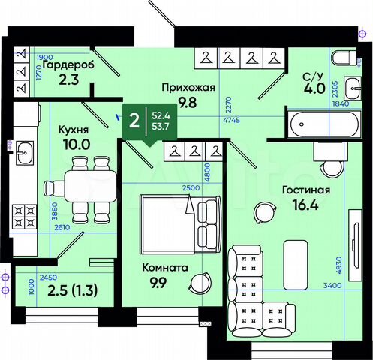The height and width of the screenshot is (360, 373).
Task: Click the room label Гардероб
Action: [68, 65]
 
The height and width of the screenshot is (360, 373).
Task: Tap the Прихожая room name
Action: [188, 87]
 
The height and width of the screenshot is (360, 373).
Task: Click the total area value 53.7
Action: [159, 127]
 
